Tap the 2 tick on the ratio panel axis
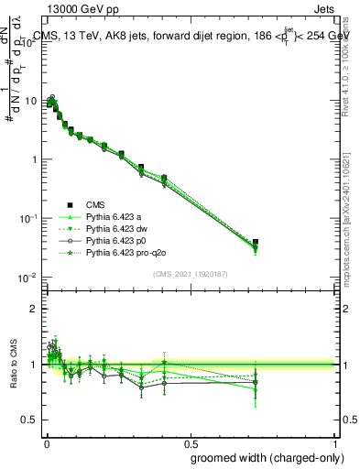point(35,309)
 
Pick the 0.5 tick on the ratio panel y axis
point(31,420)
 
